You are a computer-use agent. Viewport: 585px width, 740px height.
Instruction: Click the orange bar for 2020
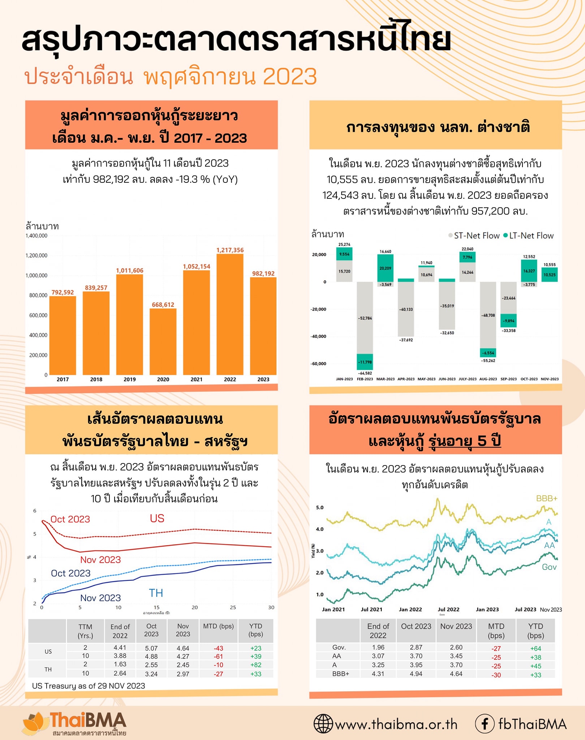click(x=163, y=341)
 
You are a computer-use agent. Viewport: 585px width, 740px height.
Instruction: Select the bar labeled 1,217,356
click(x=230, y=314)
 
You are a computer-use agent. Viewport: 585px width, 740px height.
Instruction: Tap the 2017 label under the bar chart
click(x=63, y=379)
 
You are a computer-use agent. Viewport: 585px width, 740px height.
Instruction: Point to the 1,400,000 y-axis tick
click(x=36, y=236)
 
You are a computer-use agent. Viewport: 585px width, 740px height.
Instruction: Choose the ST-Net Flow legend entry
click(x=474, y=236)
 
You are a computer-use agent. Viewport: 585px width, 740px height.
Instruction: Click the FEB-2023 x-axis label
click(x=365, y=379)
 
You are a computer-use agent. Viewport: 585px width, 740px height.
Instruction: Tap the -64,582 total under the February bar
click(x=365, y=373)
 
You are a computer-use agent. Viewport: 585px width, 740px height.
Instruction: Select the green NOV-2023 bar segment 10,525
click(x=549, y=275)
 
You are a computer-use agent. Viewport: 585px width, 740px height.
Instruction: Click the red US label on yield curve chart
click(x=157, y=519)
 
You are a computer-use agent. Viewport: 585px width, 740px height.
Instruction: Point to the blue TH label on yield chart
click(x=156, y=593)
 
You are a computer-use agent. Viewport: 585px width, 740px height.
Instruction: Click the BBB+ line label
click(x=546, y=499)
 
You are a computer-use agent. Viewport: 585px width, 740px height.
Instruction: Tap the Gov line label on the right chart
click(x=549, y=567)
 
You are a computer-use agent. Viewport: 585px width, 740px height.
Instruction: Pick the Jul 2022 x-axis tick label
click(x=448, y=609)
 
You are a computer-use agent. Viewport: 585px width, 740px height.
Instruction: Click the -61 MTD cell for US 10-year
click(x=218, y=657)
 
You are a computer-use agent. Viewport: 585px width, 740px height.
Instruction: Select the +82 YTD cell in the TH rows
click(x=255, y=665)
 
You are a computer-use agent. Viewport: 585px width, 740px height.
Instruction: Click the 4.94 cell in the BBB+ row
click(x=416, y=674)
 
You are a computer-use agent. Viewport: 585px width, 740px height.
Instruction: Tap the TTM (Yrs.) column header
click(x=85, y=631)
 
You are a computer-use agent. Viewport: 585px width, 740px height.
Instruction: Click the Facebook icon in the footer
click(x=484, y=724)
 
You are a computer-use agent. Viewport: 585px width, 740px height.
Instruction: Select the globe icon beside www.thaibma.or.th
click(x=323, y=724)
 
